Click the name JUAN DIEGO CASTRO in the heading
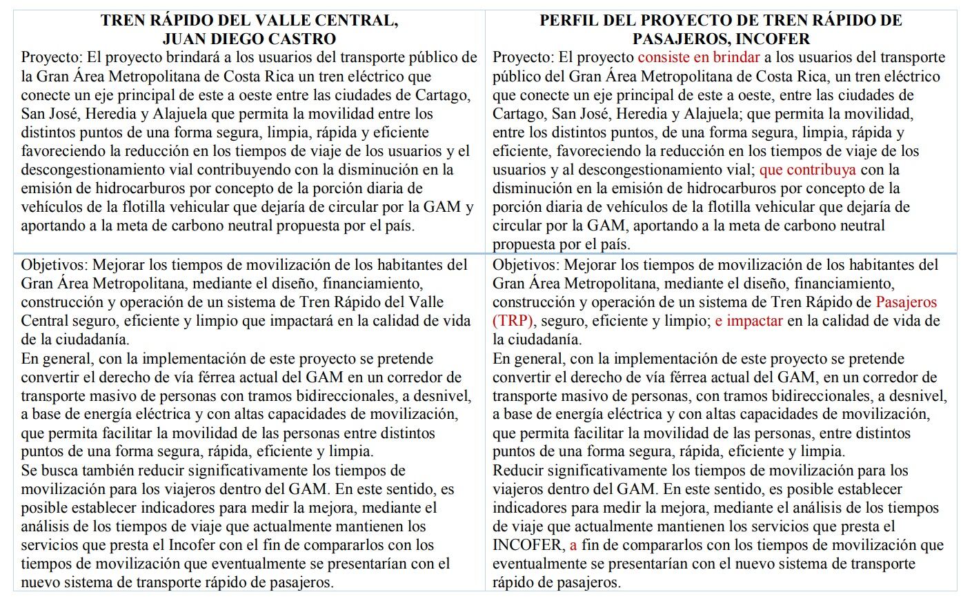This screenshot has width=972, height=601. [249, 39]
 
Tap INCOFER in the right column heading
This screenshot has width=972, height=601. [777, 39]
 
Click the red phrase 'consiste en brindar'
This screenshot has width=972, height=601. [698, 57]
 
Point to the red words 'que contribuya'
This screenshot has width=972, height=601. [807, 169]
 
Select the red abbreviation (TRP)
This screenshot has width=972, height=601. [514, 321]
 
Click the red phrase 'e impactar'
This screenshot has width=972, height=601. [748, 321]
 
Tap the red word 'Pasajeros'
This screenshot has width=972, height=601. [906, 302]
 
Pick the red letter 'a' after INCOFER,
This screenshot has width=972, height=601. [573, 545]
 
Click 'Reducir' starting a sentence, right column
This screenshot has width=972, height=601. [517, 471]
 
